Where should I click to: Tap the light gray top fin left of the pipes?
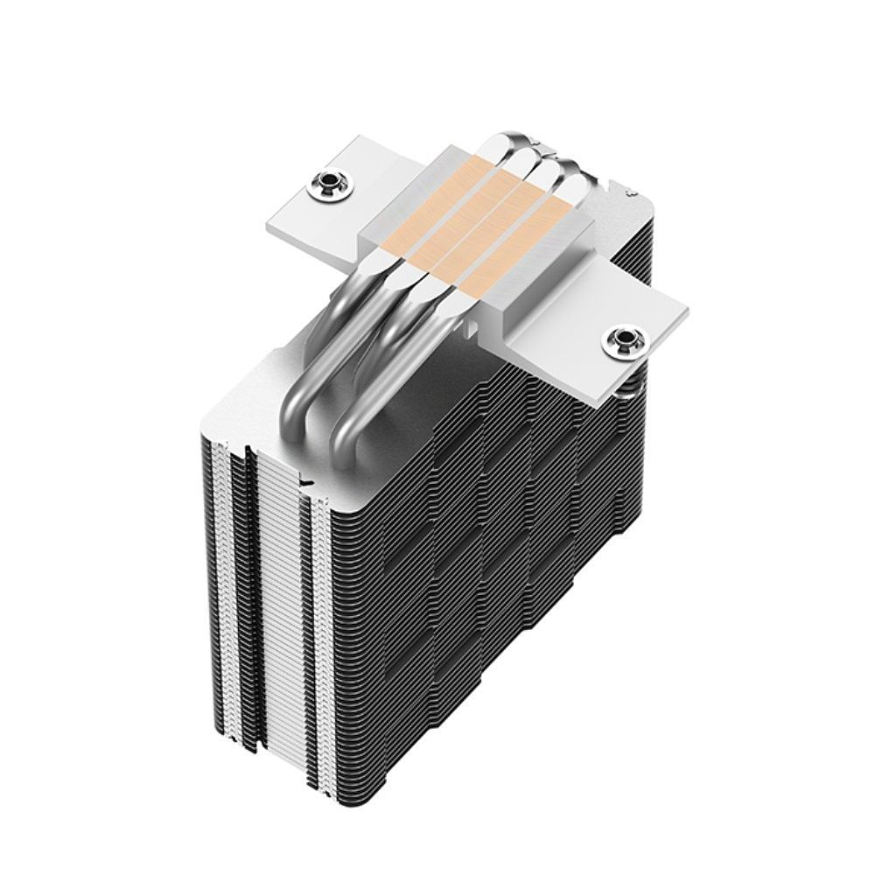pos(262,411)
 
